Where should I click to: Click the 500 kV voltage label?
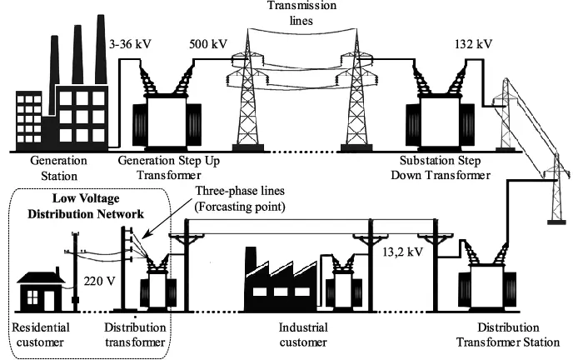click(x=208, y=42)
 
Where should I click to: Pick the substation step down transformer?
click(x=434, y=112)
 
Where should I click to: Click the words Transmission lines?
click(x=290, y=12)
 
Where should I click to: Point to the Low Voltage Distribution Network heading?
click(x=88, y=206)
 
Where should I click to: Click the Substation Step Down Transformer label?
click(x=441, y=167)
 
